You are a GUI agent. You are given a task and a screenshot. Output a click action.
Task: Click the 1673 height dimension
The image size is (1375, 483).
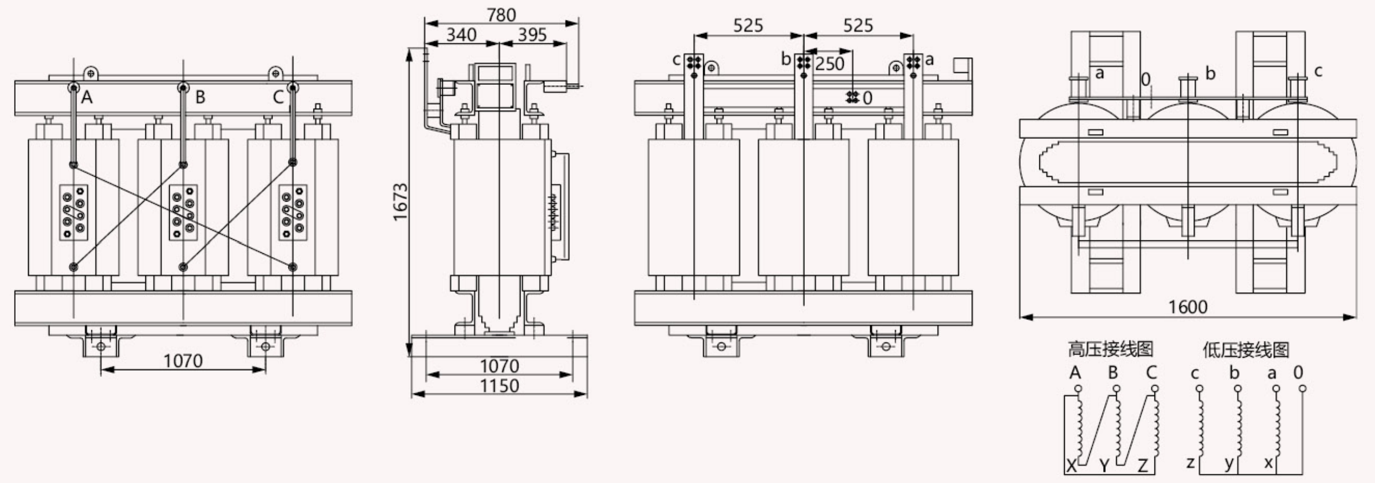click(x=400, y=202)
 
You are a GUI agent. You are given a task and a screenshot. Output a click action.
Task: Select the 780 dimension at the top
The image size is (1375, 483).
click(x=501, y=15)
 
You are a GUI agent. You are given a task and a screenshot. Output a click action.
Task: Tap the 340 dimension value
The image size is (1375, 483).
click(x=462, y=35)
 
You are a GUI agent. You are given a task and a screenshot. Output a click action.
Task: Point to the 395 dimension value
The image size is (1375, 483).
click(x=532, y=35)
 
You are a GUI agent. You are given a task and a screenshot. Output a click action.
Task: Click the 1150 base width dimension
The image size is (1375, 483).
click(x=499, y=386)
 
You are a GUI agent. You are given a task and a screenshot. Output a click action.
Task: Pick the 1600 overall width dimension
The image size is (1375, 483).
click(x=1187, y=307)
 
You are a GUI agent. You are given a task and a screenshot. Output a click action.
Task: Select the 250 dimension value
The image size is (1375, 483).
click(x=830, y=64)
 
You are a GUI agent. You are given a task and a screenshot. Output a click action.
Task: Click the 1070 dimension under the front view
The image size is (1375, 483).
click(x=183, y=360)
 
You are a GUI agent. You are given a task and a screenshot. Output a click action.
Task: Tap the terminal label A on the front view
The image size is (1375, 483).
click(x=87, y=97)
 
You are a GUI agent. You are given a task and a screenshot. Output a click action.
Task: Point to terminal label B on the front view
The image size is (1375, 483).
click(x=200, y=97)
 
